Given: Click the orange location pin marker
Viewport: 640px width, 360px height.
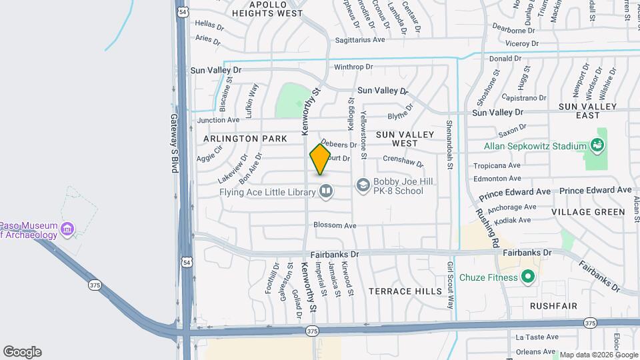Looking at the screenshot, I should pyautogui.click(x=320, y=159).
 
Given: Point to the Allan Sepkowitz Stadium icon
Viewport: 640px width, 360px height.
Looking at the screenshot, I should pyautogui.click(x=597, y=145).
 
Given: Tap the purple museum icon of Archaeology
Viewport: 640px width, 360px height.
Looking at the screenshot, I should pyautogui.click(x=67, y=230).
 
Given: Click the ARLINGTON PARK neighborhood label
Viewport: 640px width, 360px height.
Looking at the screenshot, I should pyautogui.click(x=245, y=139).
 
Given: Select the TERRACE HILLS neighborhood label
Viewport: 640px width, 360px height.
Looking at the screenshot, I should pyautogui.click(x=405, y=291).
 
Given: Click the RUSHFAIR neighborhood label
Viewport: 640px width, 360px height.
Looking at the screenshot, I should pyautogui.click(x=553, y=305).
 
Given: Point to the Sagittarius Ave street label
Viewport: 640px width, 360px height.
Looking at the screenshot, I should pyautogui.click(x=360, y=40).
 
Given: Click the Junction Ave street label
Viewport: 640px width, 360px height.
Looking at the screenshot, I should pyautogui.click(x=218, y=120).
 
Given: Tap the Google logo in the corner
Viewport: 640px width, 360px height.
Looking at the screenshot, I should pyautogui.click(x=22, y=352).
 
